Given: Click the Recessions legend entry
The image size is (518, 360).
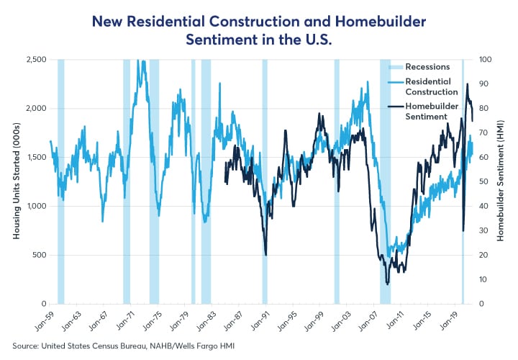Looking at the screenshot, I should (427, 67).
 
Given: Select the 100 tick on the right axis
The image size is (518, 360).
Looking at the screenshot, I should (486, 59).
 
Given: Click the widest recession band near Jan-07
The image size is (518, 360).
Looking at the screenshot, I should (385, 180).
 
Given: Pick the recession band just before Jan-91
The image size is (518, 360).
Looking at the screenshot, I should (265, 180).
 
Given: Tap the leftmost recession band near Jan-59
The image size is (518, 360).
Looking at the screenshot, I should (61, 180).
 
